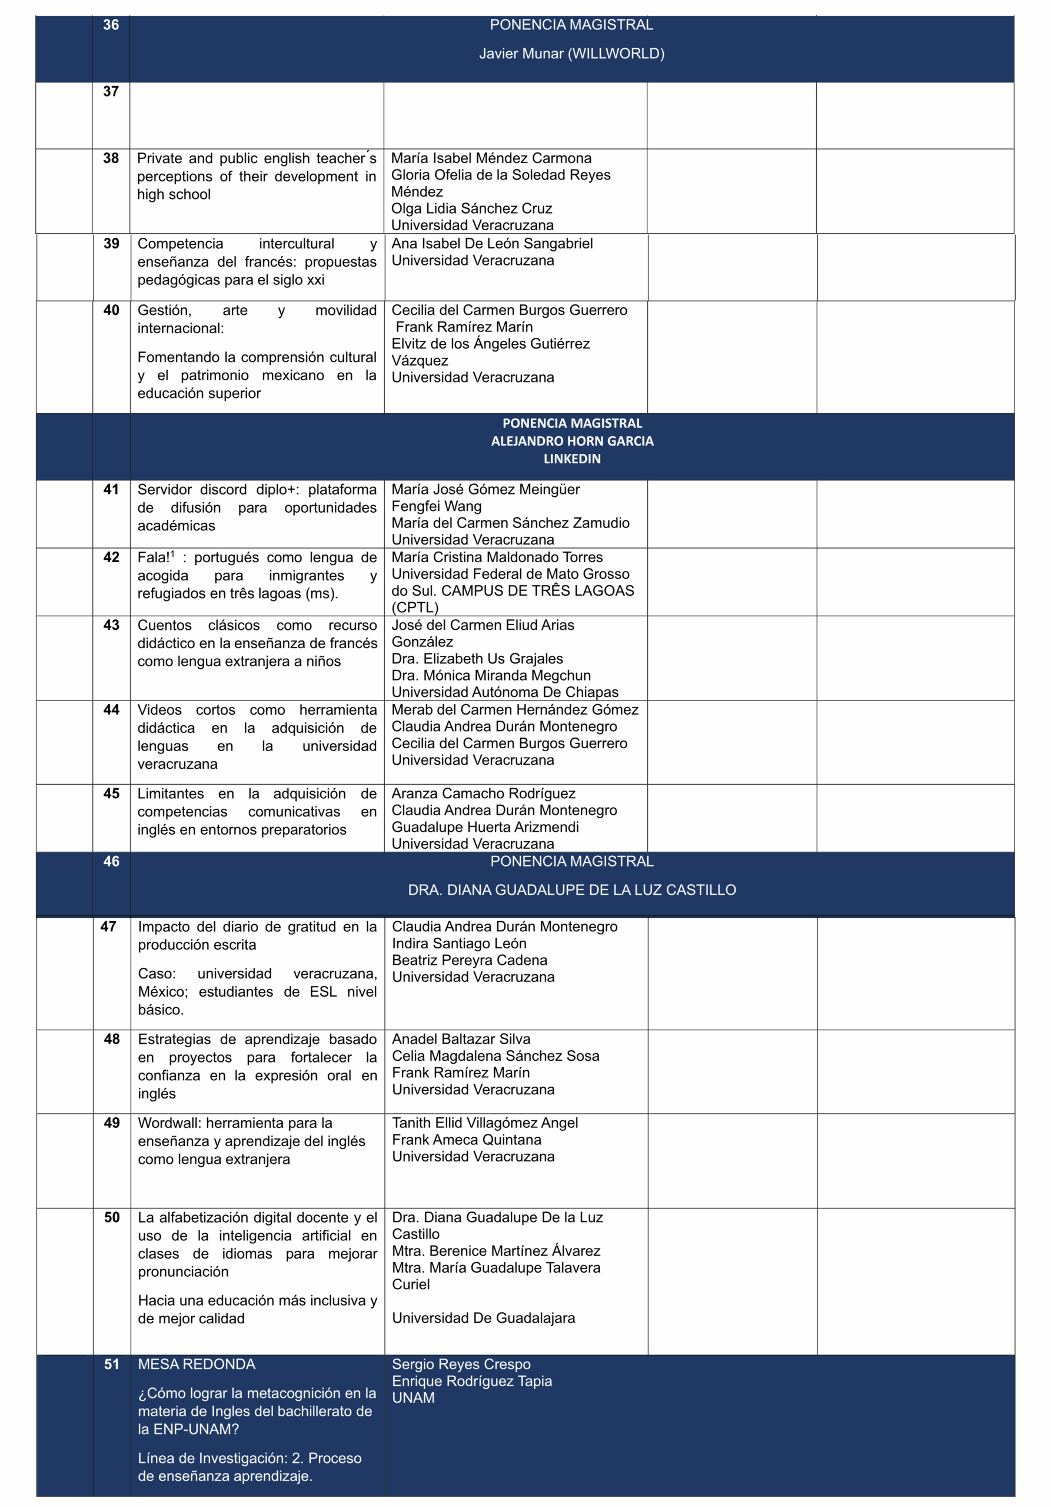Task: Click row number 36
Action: (x=111, y=25)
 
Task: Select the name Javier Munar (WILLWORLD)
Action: (x=571, y=54)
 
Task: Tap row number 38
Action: (x=111, y=158)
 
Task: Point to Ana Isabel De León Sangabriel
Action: (x=491, y=244)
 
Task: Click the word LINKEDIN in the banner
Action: (x=571, y=459)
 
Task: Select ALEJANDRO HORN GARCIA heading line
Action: (x=571, y=441)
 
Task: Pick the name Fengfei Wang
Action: (x=436, y=506)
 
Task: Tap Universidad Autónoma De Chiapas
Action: (x=504, y=692)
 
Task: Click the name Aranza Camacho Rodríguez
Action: (x=483, y=794)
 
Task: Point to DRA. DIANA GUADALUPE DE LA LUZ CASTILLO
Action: (x=571, y=890)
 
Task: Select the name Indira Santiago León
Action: (x=458, y=943)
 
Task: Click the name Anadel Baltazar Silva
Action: (x=461, y=1039)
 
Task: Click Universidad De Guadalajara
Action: (x=483, y=1318)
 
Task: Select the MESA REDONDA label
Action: (x=196, y=1365)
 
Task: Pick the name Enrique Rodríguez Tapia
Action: (x=472, y=1381)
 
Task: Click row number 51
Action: (x=112, y=1365)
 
